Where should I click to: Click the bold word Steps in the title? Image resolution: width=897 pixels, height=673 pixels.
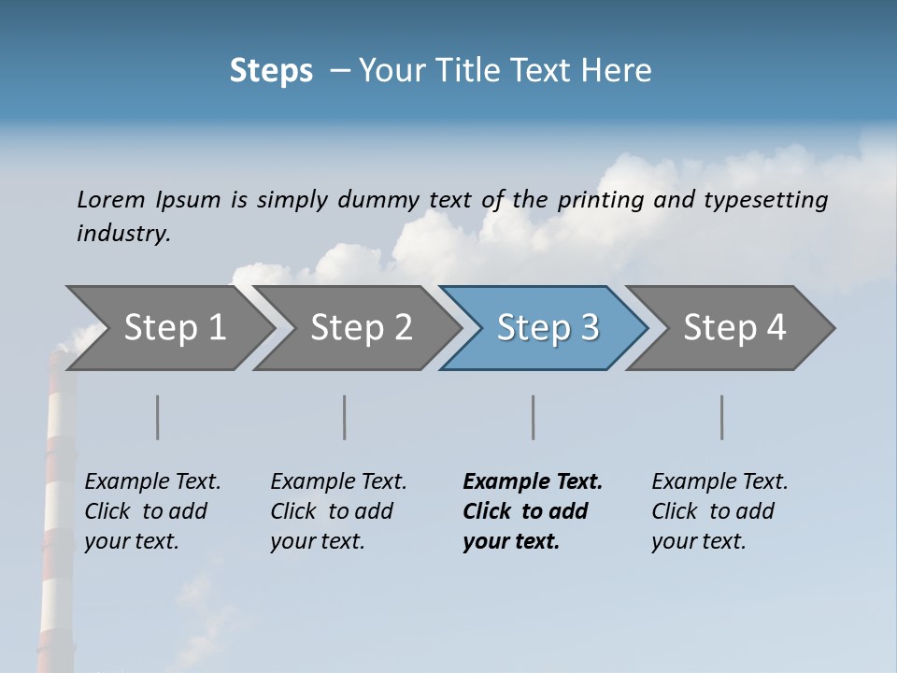(x=271, y=71)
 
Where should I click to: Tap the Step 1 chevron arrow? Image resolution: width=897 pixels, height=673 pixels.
(x=168, y=328)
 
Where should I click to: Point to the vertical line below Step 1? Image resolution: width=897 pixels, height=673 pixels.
(x=157, y=417)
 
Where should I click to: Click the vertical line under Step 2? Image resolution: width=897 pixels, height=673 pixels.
(x=345, y=417)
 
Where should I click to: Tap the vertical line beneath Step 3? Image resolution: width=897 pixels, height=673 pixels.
(x=533, y=417)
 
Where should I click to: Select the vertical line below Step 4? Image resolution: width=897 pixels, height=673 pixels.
(x=721, y=417)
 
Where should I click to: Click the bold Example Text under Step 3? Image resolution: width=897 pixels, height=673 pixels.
(x=533, y=482)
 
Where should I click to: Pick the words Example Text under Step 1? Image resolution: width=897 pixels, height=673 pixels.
(x=152, y=482)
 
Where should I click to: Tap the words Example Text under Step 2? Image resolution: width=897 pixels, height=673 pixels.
(x=338, y=482)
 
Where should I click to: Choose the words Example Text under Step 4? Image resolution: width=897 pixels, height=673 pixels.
(x=719, y=482)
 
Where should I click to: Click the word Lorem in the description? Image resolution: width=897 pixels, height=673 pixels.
(x=111, y=199)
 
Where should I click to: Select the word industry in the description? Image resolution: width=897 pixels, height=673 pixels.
(x=121, y=233)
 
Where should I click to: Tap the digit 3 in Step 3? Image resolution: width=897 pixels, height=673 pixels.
(x=589, y=328)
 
